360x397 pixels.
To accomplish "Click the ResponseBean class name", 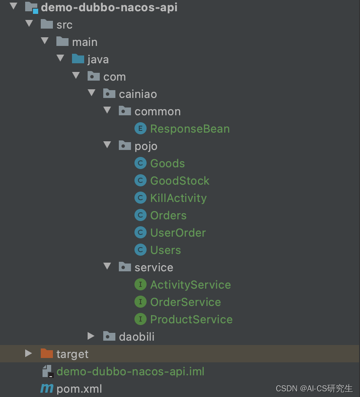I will click(190, 129).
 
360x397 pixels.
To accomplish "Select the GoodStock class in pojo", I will click(180, 181).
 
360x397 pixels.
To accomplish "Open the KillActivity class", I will click(178, 198).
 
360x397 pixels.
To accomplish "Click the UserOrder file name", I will click(178, 233).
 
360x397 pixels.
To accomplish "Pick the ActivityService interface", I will click(190, 285).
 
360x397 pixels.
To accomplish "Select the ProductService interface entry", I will click(191, 319).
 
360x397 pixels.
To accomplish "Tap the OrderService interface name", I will click(185, 302).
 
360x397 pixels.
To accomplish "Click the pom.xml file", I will click(79, 389).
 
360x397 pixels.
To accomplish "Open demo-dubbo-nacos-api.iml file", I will click(130, 371).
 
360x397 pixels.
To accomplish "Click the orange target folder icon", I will click(46, 354).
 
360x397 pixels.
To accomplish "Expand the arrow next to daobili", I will click(91, 336).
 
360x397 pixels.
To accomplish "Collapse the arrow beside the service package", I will click(107, 267).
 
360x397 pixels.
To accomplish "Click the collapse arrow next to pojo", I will click(107, 145).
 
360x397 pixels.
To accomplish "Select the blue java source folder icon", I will click(78, 59).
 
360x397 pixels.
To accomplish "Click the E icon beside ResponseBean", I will click(140, 129).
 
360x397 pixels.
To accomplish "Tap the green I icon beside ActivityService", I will click(140, 285).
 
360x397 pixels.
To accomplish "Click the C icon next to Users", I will click(140, 250).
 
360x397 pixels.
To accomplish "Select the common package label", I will click(157, 111).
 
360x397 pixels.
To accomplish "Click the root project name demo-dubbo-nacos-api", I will click(109, 7).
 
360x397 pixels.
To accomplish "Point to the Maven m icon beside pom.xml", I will click(46, 389).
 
